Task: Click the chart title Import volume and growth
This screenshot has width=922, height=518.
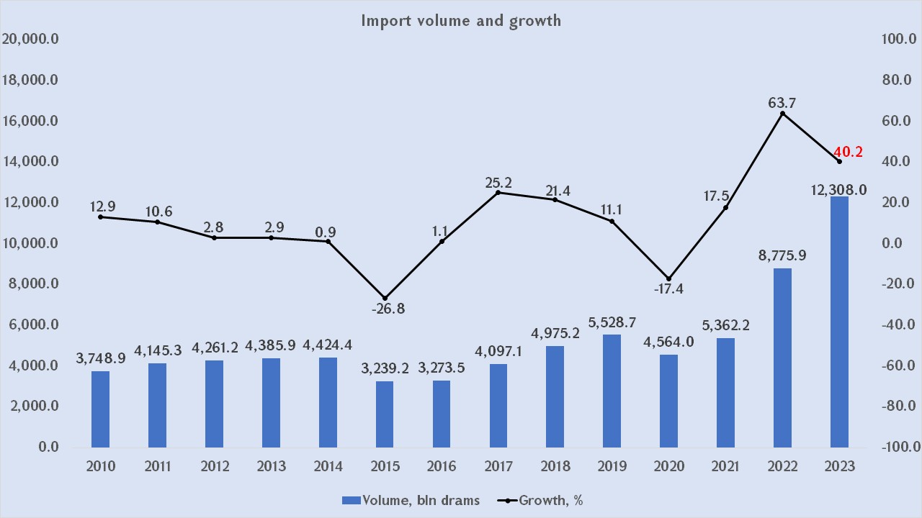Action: pyautogui.click(x=461, y=20)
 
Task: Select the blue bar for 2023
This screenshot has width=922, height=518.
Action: pyautogui.click(x=839, y=322)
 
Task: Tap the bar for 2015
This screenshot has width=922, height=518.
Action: pyautogui.click(x=385, y=414)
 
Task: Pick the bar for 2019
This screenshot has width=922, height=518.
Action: pyautogui.click(x=612, y=391)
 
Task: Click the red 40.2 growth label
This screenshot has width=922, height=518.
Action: pyautogui.click(x=848, y=153)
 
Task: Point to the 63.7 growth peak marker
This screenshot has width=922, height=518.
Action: pyautogui.click(x=782, y=114)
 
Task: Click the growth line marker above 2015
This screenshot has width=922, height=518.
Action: pyautogui.click(x=385, y=298)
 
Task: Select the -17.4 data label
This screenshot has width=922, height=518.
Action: pyautogui.click(x=668, y=289)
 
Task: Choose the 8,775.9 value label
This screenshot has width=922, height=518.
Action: pyautogui.click(x=782, y=255)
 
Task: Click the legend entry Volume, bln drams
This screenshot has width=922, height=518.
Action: pyautogui.click(x=410, y=500)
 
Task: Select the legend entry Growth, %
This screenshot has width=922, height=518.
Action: pyautogui.click(x=542, y=500)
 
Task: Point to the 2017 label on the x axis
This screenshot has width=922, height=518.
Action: pyautogui.click(x=498, y=466)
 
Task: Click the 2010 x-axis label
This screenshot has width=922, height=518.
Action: pyautogui.click(x=100, y=466)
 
